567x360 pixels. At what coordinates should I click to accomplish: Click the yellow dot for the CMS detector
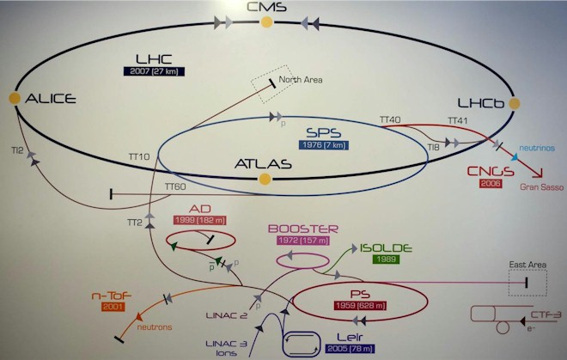(266, 22)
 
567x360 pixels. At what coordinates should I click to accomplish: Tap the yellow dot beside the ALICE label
(15, 98)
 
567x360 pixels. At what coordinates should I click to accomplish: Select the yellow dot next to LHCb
(515, 103)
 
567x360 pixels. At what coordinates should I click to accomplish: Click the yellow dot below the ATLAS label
(265, 179)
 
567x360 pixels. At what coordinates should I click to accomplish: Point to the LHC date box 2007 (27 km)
(154, 71)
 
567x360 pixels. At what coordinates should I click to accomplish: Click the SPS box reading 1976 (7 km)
(324, 145)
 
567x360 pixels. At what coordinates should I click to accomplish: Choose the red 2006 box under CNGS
(491, 183)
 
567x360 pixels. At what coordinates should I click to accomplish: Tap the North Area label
(301, 80)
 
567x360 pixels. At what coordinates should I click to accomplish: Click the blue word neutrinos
(537, 148)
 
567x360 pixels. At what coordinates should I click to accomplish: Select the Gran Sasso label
(542, 187)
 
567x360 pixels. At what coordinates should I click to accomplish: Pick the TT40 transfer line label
(390, 119)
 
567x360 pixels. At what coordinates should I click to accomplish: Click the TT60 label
(175, 186)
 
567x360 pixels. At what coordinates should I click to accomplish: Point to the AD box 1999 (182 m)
(200, 220)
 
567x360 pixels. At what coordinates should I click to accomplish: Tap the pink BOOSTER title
(303, 229)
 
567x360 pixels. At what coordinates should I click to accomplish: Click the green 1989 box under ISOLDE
(387, 259)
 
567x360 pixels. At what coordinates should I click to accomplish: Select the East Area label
(527, 265)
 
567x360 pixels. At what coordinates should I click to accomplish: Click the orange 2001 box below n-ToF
(113, 307)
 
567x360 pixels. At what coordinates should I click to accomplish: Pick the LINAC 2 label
(227, 315)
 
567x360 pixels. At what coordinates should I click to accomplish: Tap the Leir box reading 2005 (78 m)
(350, 349)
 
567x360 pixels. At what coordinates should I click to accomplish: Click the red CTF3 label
(546, 314)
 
